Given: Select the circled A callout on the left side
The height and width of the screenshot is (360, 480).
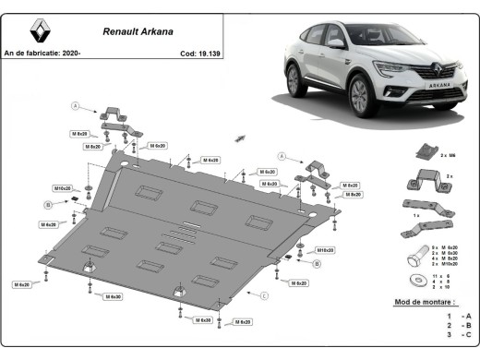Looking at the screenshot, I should [x=77, y=104].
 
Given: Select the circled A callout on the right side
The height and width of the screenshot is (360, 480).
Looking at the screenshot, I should [x=284, y=156].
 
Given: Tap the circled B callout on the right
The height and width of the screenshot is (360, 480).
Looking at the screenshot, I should [x=316, y=264].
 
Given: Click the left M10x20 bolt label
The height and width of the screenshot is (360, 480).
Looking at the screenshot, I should [x=63, y=188].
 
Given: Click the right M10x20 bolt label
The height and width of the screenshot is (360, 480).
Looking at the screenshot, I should [x=324, y=250].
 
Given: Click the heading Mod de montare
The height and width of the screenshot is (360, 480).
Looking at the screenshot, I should [x=423, y=303].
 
